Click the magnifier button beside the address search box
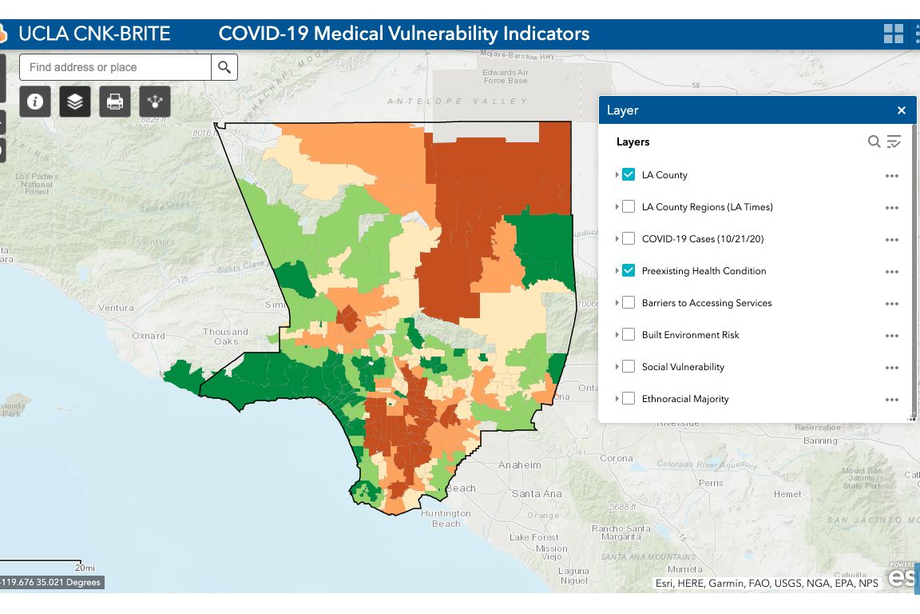point(224,67)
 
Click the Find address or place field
point(116,67)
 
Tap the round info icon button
point(35,102)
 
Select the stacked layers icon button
point(75,102)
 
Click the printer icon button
point(115,102)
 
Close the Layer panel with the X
point(902,110)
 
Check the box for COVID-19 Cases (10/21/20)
point(629,239)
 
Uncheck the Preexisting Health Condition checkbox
point(629,271)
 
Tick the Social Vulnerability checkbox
point(629,367)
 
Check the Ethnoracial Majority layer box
point(629,399)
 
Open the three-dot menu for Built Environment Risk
point(892,336)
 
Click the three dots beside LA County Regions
point(892,208)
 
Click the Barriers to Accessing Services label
point(706,303)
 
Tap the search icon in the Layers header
point(874,142)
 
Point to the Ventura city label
point(117,308)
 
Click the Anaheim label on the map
point(520,465)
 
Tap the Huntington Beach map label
point(446,518)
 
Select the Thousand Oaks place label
point(226,337)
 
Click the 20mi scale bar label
point(85,568)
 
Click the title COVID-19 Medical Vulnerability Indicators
point(404,34)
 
